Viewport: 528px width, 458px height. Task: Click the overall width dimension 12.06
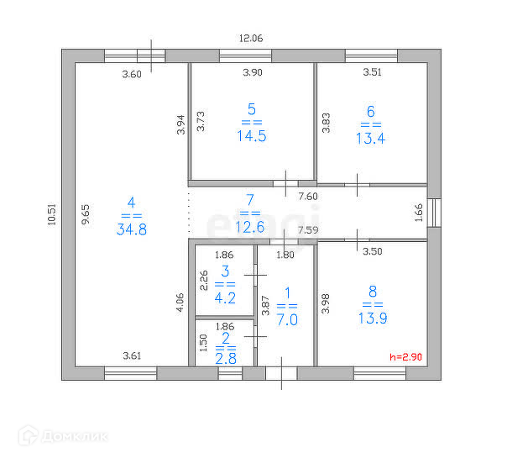click(251, 38)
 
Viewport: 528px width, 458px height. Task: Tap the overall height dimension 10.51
click(52, 216)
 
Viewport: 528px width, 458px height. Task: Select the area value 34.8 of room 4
click(131, 229)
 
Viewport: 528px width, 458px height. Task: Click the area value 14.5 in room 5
click(251, 136)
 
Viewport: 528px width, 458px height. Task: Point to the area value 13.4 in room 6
click(370, 139)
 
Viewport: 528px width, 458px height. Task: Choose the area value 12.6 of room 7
click(249, 227)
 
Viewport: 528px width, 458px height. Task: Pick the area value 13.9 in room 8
click(373, 319)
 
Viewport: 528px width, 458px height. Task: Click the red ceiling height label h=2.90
click(406, 357)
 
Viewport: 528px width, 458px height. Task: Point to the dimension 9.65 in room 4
click(85, 215)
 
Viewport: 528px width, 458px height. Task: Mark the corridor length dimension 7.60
click(309, 197)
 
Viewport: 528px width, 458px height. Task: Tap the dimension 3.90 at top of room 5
click(253, 73)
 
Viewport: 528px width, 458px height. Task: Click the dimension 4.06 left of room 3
click(180, 303)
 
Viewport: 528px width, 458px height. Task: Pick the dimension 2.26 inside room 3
click(203, 279)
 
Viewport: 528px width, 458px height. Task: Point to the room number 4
click(130, 202)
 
